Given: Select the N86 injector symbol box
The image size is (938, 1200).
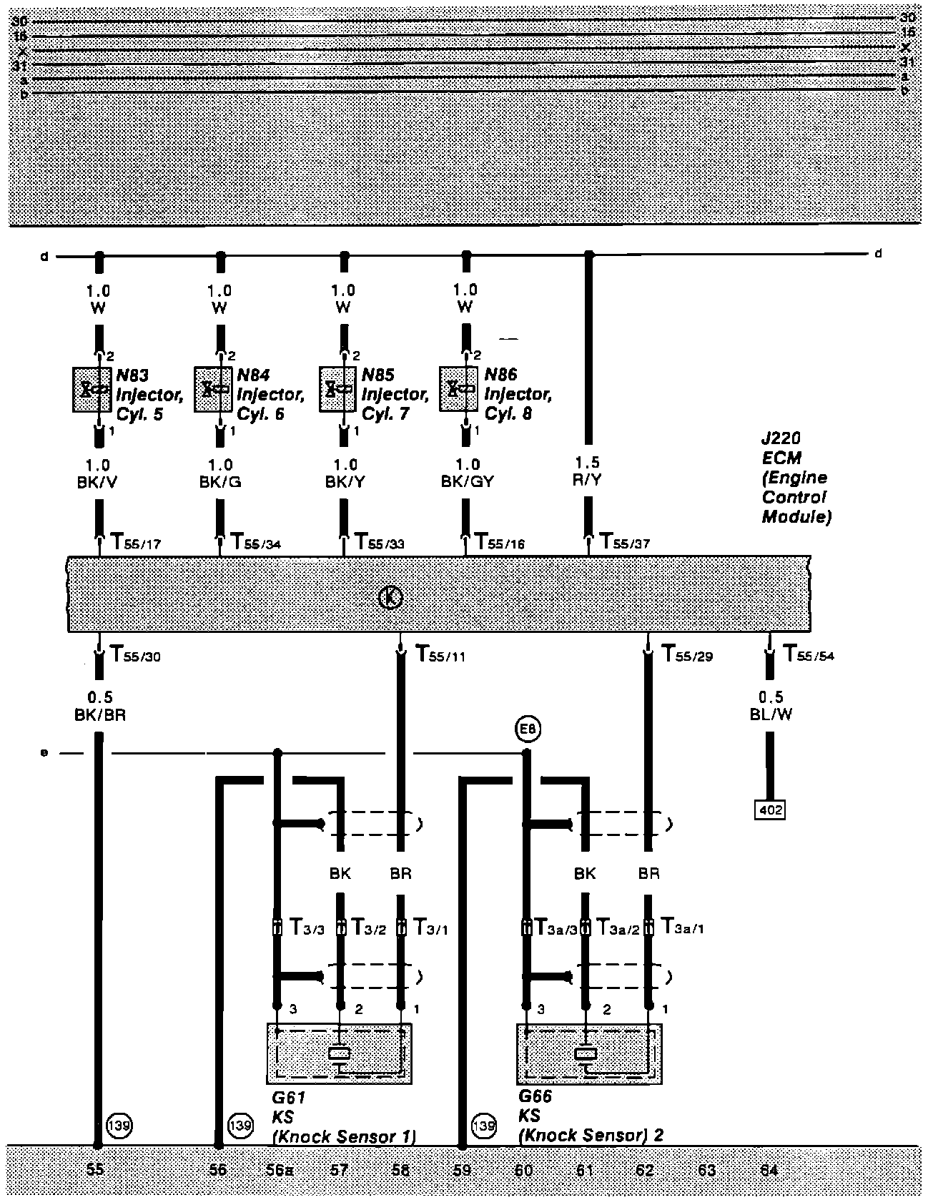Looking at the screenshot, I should (x=458, y=389).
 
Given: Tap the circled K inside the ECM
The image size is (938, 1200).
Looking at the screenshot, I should (x=390, y=596).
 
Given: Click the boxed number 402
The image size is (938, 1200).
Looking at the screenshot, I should (x=770, y=810).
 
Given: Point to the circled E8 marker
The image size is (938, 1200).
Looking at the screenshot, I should (x=528, y=729).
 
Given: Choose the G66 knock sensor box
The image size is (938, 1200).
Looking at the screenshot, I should (x=588, y=1053).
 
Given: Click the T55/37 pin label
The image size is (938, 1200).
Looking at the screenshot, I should (x=624, y=542).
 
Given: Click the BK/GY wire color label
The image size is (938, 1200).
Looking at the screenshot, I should (x=467, y=481).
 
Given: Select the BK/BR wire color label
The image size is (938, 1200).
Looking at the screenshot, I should (x=100, y=714).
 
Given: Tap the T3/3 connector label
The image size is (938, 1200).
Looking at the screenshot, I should (x=307, y=928).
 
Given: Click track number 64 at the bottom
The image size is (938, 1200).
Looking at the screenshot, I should (x=769, y=1171).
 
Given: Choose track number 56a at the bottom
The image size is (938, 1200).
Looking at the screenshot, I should (x=280, y=1171).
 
